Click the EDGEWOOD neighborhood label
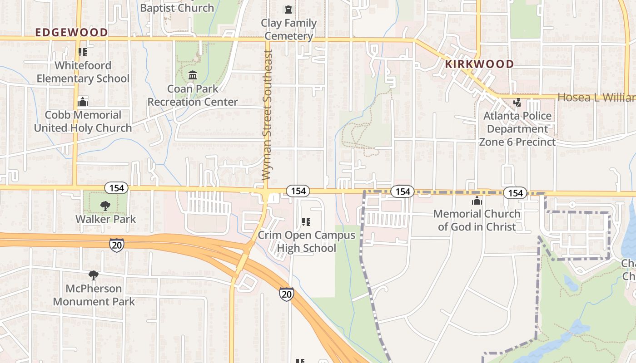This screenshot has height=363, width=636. (71, 32)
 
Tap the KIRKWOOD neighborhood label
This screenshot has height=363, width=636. (479, 64)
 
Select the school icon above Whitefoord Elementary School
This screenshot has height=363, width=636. (83, 52)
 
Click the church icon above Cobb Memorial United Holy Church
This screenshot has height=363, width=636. (83, 102)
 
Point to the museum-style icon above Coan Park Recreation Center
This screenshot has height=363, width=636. (193, 75)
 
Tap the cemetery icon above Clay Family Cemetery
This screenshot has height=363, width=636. (288, 9)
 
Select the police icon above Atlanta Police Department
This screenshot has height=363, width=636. (517, 102)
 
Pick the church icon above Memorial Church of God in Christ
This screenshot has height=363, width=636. (477, 201)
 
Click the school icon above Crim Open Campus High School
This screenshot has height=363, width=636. (306, 222)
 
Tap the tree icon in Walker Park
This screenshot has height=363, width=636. (105, 206)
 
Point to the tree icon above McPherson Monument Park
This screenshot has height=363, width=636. (94, 275)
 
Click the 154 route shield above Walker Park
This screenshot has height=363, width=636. (117, 187)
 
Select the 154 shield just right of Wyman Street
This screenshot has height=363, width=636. (298, 191)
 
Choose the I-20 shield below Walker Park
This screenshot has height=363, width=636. (117, 245)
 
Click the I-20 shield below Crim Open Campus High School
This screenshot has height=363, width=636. (286, 294)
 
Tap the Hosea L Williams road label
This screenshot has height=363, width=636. (596, 98)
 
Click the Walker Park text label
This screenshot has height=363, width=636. (105, 219)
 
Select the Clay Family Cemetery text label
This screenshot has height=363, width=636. (288, 29)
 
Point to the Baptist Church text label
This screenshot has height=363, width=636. (177, 8)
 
